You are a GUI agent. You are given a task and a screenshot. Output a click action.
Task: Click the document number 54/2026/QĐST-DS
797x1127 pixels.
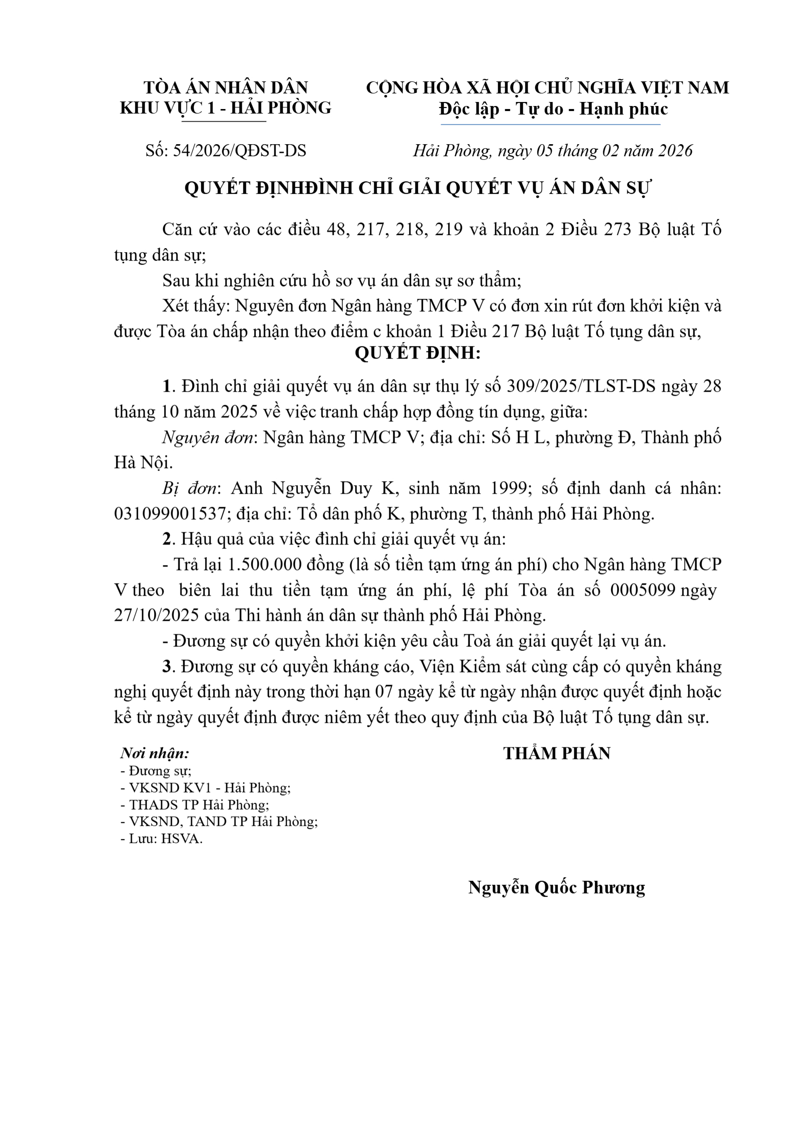tap(239, 151)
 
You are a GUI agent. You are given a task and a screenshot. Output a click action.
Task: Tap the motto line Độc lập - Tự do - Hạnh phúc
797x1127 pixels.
tap(553, 108)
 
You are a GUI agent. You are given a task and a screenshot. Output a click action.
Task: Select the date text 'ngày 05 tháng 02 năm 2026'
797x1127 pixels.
tap(595, 151)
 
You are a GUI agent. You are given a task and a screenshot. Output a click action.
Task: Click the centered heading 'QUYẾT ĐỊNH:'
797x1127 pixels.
tap(418, 353)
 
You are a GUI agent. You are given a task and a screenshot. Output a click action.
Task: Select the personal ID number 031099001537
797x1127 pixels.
tap(169, 514)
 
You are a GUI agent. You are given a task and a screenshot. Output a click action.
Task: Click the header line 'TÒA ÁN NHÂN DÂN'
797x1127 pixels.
tap(226, 87)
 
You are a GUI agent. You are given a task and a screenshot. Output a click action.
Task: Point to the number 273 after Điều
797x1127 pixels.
tap(617, 230)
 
